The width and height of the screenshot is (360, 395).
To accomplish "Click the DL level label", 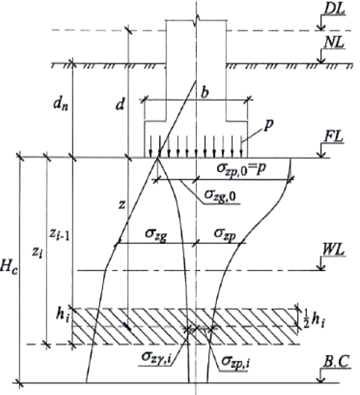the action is [334, 9].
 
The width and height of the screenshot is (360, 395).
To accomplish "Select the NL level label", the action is [334, 43].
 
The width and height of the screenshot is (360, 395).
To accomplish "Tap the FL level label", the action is [333, 137].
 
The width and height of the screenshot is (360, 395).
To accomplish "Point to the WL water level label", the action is [333, 251].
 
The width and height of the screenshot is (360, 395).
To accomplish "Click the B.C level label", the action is [336, 362].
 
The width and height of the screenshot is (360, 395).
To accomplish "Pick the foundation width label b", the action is [205, 92].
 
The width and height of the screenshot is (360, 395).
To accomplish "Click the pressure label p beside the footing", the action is [269, 125].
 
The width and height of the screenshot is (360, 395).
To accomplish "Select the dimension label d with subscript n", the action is [61, 105].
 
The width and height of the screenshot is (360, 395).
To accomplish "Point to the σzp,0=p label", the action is [241, 168].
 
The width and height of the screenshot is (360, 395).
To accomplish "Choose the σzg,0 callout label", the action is [220, 195].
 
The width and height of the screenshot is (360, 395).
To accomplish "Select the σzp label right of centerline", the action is [225, 234].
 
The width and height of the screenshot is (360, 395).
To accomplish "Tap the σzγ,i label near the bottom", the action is [156, 357].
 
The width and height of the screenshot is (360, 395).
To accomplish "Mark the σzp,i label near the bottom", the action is [236, 362].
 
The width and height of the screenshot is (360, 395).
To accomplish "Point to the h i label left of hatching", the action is [62, 315].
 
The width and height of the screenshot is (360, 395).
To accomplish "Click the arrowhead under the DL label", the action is [322, 27].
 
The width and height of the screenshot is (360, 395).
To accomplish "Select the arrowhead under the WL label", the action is [322, 266].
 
